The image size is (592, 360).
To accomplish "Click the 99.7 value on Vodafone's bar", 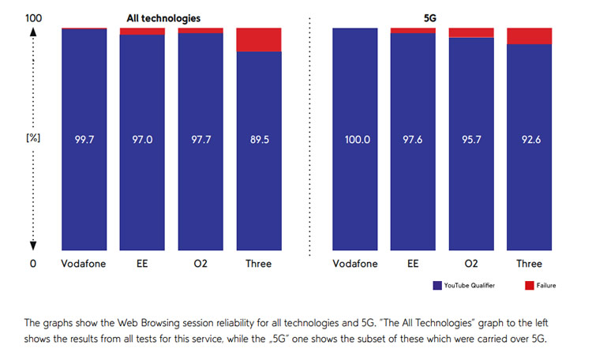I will [x=84, y=137].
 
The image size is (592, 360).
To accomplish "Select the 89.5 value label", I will [x=258, y=137].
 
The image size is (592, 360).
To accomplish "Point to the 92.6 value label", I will [x=529, y=137].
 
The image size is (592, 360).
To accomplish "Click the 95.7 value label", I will [x=471, y=137].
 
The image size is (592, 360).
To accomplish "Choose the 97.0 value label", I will [x=142, y=137].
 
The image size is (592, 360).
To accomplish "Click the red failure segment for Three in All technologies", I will [x=258, y=39].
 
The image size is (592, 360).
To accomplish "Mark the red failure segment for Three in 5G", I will [x=529, y=36].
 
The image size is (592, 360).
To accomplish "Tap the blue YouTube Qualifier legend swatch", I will [x=437, y=285].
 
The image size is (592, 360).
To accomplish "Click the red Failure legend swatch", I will [x=529, y=285].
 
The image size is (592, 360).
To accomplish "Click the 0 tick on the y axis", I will [x=32, y=264].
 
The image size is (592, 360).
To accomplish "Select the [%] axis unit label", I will [x=32, y=137].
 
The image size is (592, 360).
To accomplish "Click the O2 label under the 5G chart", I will [x=471, y=264].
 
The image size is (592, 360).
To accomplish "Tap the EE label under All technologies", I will [x=142, y=264].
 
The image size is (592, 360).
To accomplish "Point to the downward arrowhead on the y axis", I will [x=33, y=246].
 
